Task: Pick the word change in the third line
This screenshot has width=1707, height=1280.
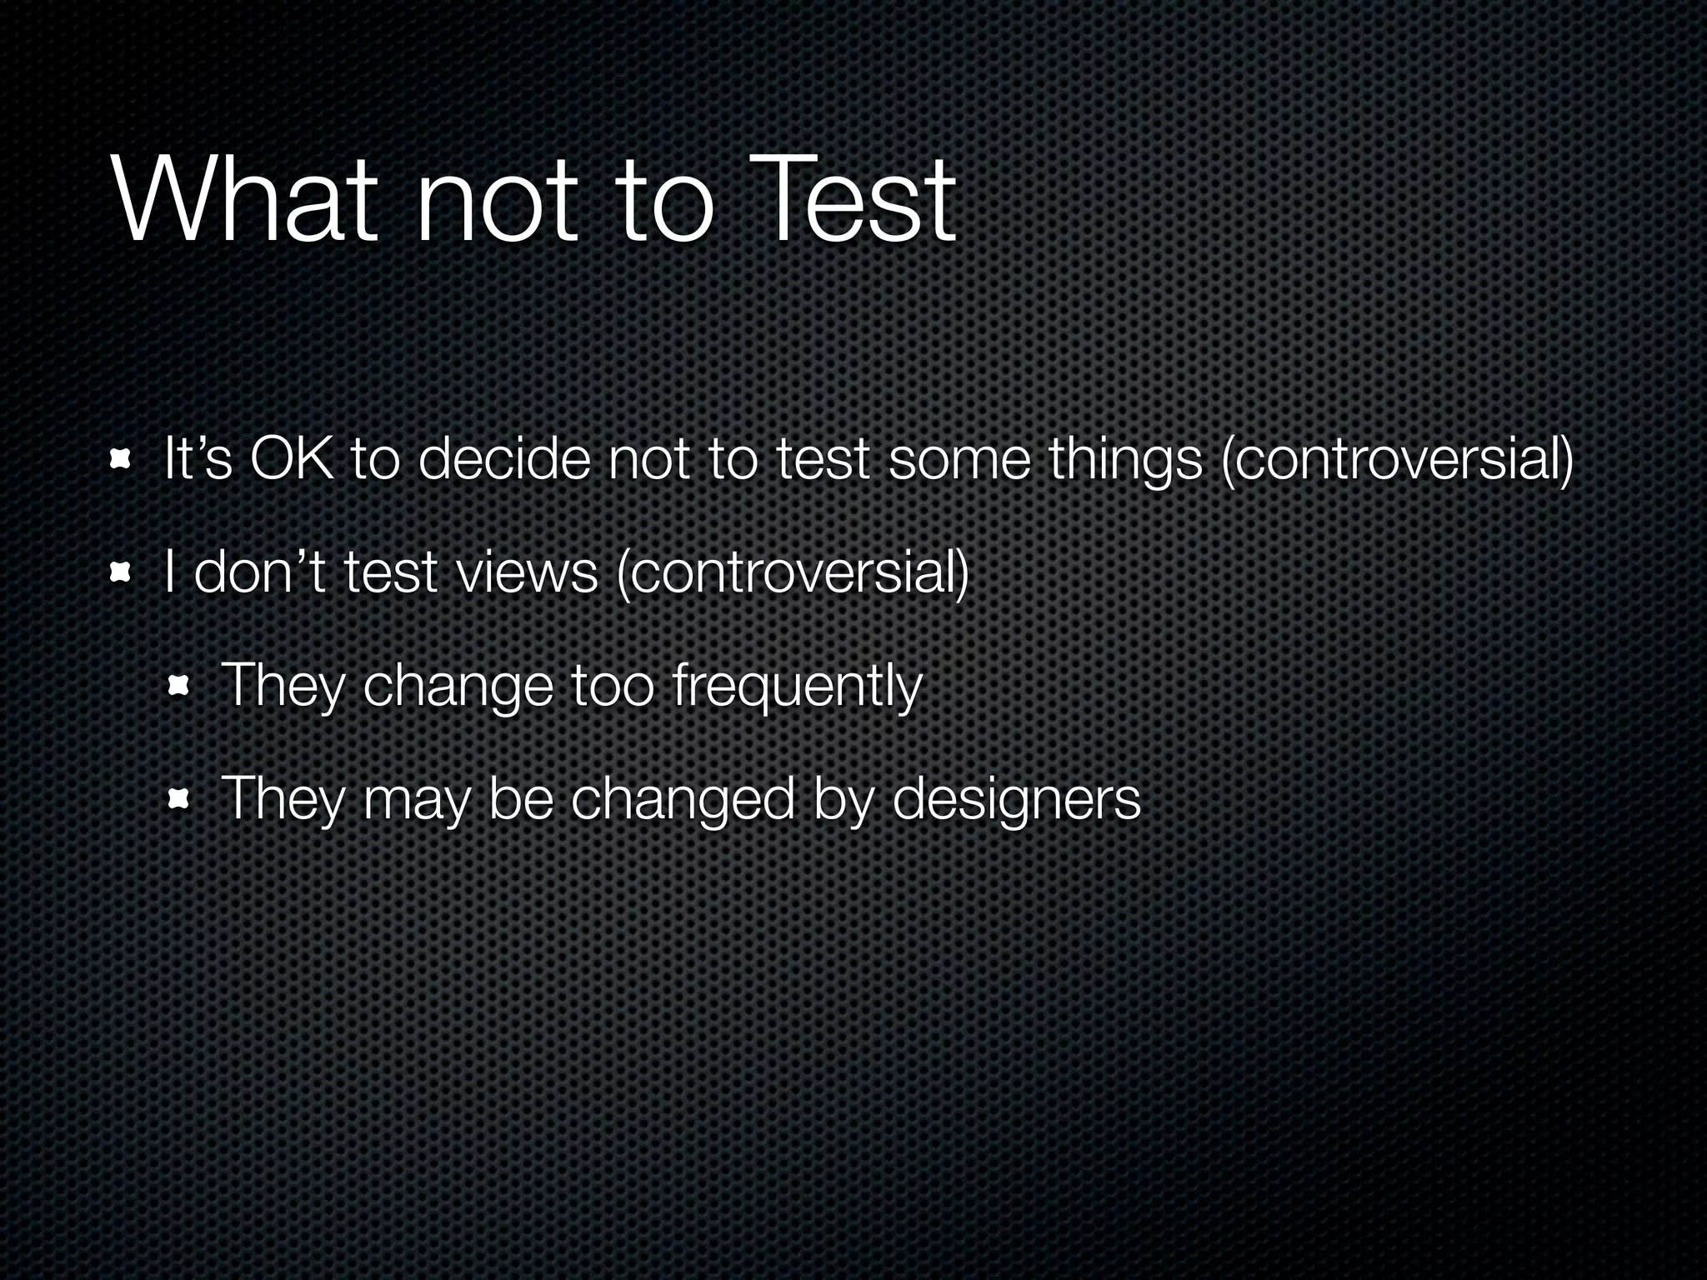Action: [x=458, y=687]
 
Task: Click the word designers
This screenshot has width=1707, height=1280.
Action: [x=1016, y=800]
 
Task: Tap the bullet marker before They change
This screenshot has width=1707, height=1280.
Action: [x=178, y=687]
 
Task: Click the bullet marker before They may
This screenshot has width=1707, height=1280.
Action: [x=178, y=800]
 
